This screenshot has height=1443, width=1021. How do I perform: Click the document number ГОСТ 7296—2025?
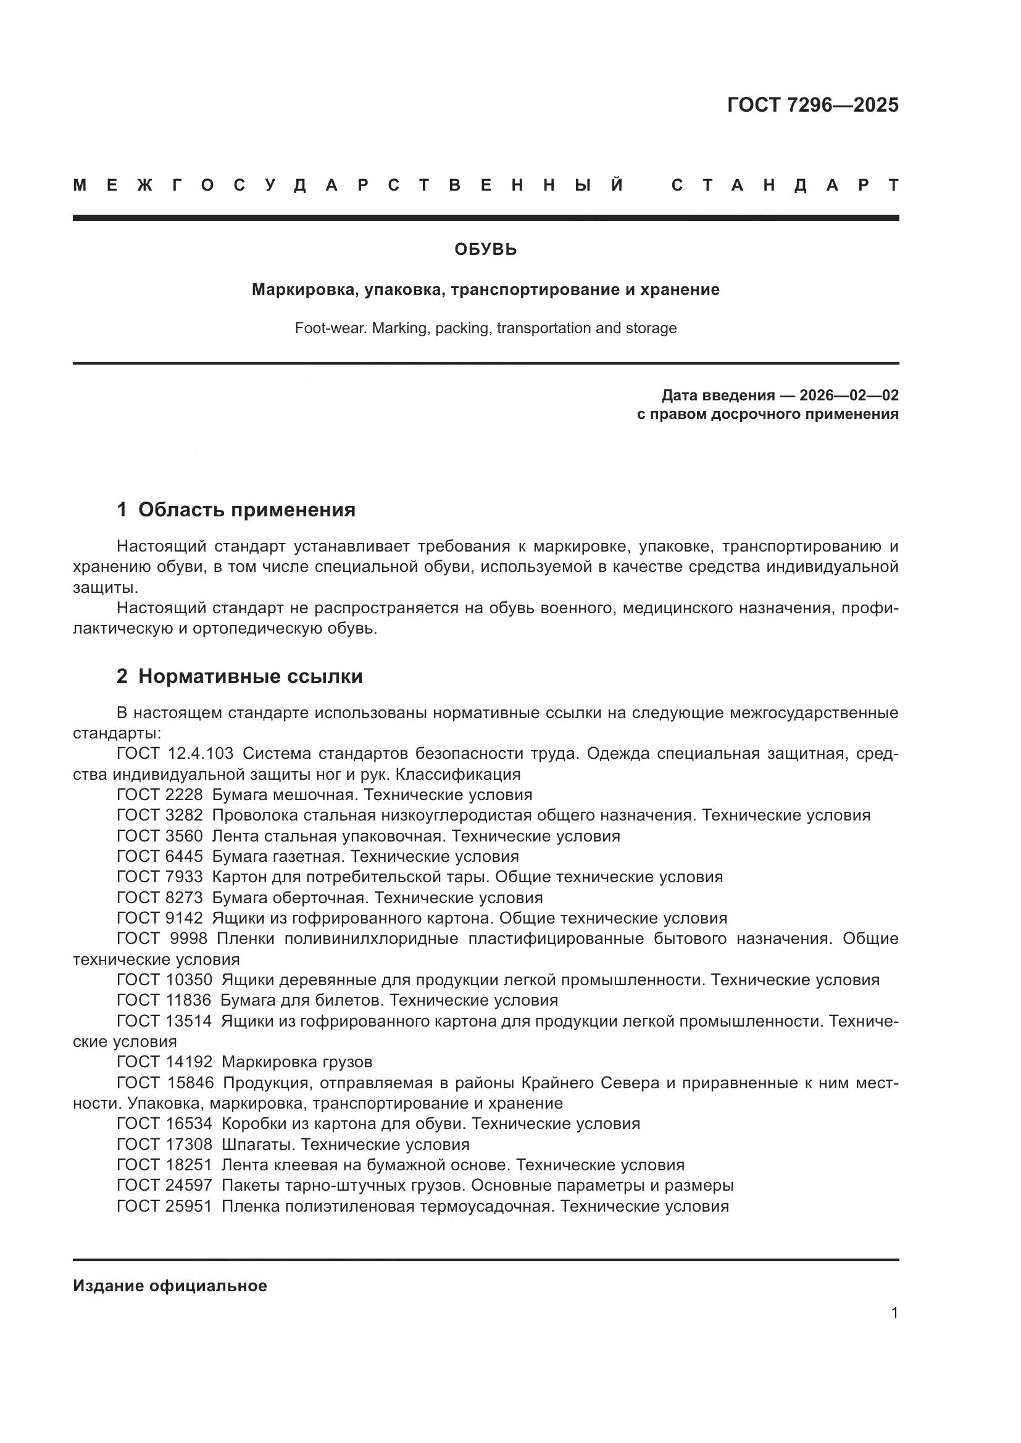point(812,105)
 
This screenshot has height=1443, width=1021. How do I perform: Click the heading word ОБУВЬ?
point(485,250)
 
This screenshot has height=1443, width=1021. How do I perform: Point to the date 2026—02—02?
point(849,395)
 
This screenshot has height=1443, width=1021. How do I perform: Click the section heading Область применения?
point(246,510)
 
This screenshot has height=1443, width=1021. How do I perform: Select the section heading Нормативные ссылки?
point(250,676)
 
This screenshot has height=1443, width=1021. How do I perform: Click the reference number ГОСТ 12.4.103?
point(175,753)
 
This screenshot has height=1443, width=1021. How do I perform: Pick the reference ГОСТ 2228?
point(160,795)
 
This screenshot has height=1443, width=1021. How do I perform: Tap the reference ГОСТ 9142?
point(160,918)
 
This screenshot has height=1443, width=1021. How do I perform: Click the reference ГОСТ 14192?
point(165,1062)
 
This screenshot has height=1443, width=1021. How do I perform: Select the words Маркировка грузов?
point(297,1062)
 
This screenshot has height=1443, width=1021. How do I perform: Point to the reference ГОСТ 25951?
point(165,1206)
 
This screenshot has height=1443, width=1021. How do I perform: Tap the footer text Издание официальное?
point(170,1286)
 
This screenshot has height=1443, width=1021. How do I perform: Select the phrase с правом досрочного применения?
point(767,414)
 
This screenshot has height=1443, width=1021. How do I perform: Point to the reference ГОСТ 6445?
point(160,857)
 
